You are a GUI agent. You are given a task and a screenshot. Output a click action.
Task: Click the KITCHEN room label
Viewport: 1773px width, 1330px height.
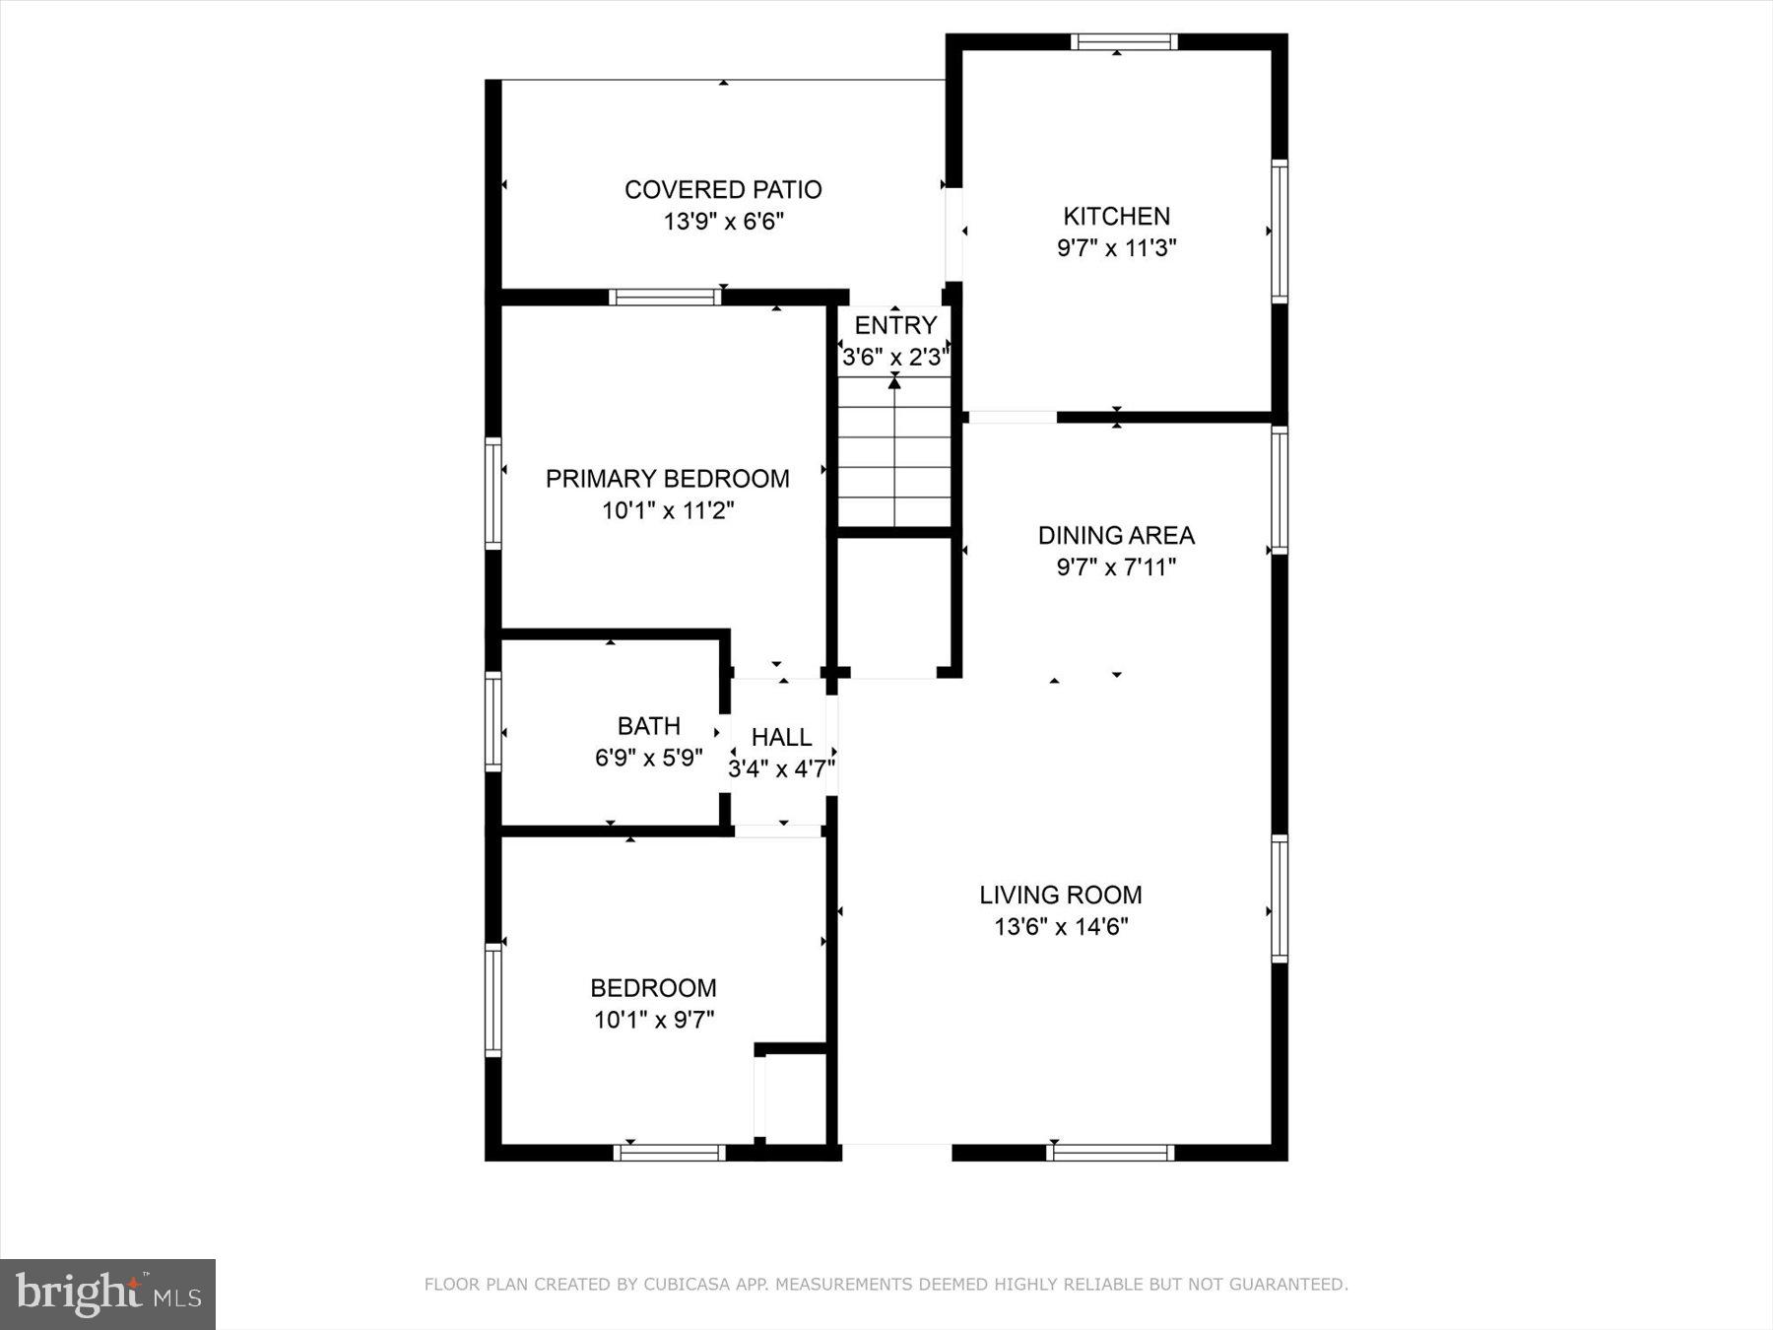pyautogui.click(x=1116, y=216)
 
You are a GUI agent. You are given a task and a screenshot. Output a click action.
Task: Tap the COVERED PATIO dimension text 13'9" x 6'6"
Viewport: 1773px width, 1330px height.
pyautogui.click(x=723, y=222)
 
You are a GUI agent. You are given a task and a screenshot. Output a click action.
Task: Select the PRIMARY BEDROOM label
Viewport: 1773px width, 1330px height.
pyautogui.click(x=667, y=479)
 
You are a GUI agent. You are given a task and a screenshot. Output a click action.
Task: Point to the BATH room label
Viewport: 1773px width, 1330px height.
pyautogui.click(x=648, y=726)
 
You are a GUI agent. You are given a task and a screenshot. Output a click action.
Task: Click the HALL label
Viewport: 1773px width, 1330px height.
pyautogui.click(x=781, y=737)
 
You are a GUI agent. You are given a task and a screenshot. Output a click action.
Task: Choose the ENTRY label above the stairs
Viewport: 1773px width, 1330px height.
pyautogui.click(x=895, y=326)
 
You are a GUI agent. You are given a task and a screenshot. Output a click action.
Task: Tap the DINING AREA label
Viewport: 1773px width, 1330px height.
pyautogui.click(x=1116, y=536)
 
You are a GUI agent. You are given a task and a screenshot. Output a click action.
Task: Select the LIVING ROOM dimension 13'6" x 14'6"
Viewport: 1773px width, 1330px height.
pyautogui.click(x=1060, y=927)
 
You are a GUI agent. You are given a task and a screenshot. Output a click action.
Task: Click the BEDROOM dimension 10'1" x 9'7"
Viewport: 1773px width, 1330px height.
pyautogui.click(x=653, y=1020)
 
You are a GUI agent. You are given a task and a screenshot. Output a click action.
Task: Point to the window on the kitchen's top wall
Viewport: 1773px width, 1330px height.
pyautogui.click(x=1124, y=41)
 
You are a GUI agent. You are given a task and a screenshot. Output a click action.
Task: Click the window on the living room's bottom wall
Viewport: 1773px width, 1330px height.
pyautogui.click(x=1110, y=1153)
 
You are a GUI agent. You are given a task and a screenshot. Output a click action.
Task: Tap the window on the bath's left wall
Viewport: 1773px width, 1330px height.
pyautogui.click(x=493, y=721)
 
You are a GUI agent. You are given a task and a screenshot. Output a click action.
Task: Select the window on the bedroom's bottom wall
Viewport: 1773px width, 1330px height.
pyautogui.click(x=670, y=1153)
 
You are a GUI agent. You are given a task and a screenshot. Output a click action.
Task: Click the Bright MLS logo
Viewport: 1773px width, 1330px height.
pyautogui.click(x=107, y=1294)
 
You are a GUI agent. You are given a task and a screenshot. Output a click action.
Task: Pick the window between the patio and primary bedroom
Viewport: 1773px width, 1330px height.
pyautogui.click(x=665, y=298)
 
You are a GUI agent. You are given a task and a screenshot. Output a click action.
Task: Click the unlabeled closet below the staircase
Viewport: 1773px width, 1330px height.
pyautogui.click(x=893, y=606)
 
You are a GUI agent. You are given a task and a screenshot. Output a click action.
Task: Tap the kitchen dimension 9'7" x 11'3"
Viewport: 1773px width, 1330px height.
pyautogui.click(x=1116, y=248)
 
